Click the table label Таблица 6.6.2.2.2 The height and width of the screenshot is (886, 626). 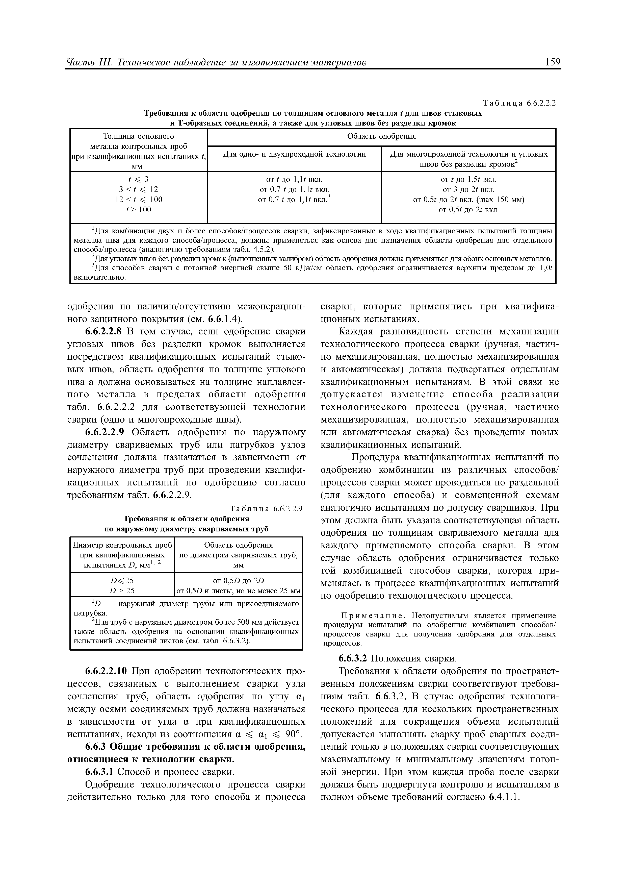coord(519,103)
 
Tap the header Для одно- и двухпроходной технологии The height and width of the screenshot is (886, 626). coord(294,154)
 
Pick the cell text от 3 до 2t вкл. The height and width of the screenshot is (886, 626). coord(468,189)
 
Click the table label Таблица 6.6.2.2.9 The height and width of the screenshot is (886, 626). coord(266,508)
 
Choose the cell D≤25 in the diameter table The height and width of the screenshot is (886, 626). coord(122,580)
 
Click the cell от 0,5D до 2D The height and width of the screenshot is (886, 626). coord(238,580)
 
